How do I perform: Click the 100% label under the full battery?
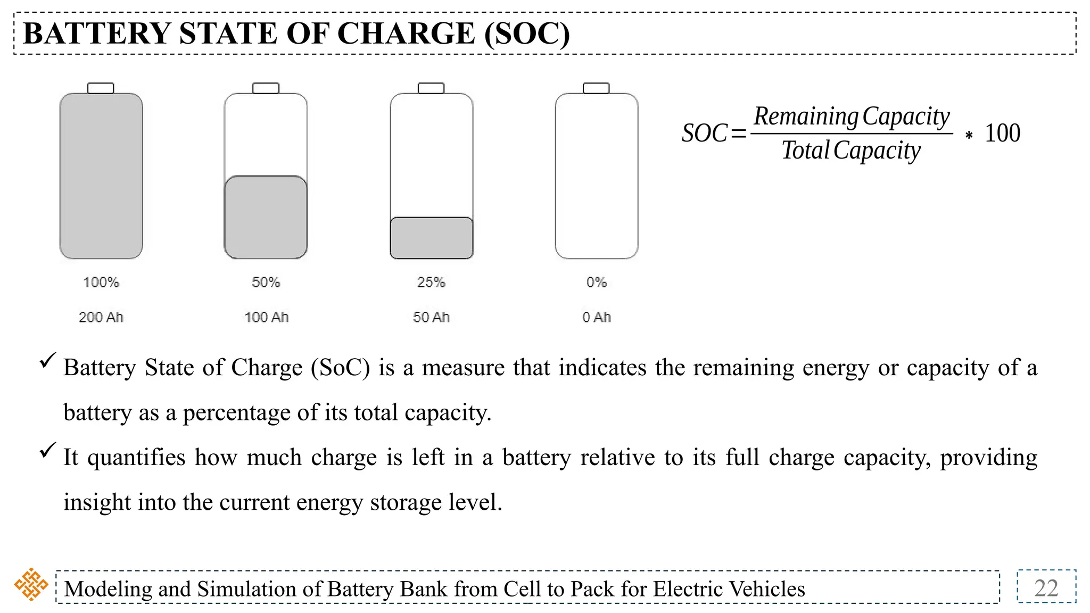pyautogui.click(x=101, y=282)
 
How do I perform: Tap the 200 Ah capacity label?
pyautogui.click(x=101, y=317)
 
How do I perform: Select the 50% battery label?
pyautogui.click(x=266, y=282)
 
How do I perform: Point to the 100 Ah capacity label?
pyautogui.click(x=266, y=317)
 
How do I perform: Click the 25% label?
pyautogui.click(x=431, y=282)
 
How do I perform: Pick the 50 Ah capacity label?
pyautogui.click(x=431, y=317)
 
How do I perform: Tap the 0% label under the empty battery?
pyautogui.click(x=597, y=282)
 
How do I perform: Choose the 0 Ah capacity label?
pyautogui.click(x=597, y=317)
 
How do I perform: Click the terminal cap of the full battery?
pyautogui.click(x=101, y=88)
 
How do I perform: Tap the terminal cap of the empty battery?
pyautogui.click(x=596, y=88)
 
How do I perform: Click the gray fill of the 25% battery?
pyautogui.click(x=432, y=238)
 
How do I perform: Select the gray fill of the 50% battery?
pyautogui.click(x=266, y=217)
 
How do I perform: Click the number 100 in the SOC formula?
pyautogui.click(x=1002, y=133)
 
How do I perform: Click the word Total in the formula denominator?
pyautogui.click(x=805, y=150)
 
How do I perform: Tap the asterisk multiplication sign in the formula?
pyautogui.click(x=969, y=136)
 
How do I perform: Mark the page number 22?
pyautogui.click(x=1046, y=588)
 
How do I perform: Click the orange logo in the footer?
pyautogui.click(x=31, y=584)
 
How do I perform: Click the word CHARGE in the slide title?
pyautogui.click(x=406, y=34)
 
